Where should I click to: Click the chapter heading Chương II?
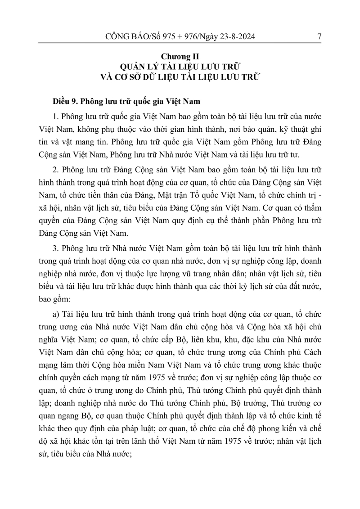click(x=180, y=57)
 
